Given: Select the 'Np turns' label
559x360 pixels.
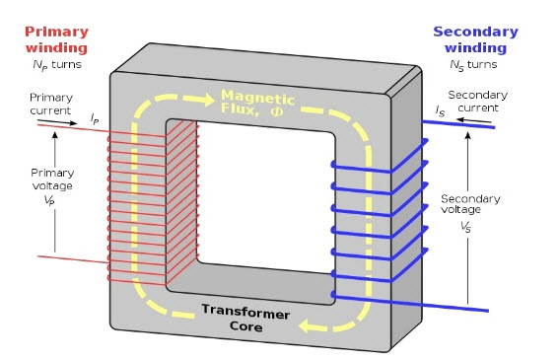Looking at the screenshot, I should [50, 65].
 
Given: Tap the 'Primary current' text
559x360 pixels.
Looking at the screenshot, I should [51, 104].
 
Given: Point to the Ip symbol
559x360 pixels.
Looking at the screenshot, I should [95, 119].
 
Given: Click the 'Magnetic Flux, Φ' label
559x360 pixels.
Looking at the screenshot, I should [259, 102].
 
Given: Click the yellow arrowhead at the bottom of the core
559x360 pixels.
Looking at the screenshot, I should [311, 324].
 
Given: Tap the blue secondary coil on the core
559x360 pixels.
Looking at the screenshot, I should [380, 222].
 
